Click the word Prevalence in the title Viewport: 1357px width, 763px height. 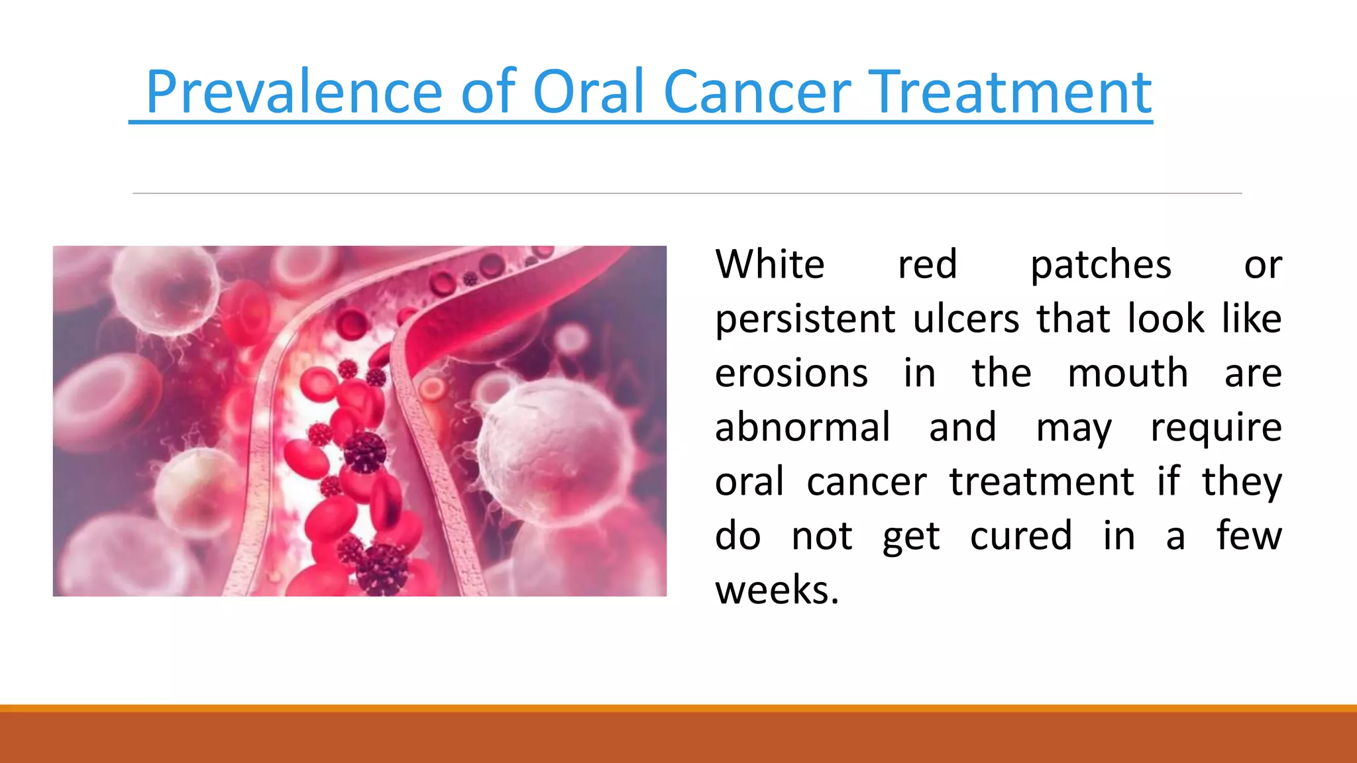(294, 92)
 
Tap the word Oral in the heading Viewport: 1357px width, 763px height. (588, 92)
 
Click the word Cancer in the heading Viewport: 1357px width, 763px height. (757, 92)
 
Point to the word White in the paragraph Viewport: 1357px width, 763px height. (770, 264)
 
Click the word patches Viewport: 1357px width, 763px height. (1101, 266)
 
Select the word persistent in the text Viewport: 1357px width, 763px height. (805, 319)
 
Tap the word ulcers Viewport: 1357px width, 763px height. (966, 319)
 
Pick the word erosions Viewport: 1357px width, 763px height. (791, 374)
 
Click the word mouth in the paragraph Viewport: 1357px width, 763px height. (1128, 374)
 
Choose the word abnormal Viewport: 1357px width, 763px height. (802, 427)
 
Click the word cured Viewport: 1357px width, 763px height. (1020, 536)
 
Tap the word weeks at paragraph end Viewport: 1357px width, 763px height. (777, 590)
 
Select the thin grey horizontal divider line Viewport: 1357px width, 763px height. (686, 193)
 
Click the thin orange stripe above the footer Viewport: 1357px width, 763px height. (678, 708)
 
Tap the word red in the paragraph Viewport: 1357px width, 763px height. (927, 264)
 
